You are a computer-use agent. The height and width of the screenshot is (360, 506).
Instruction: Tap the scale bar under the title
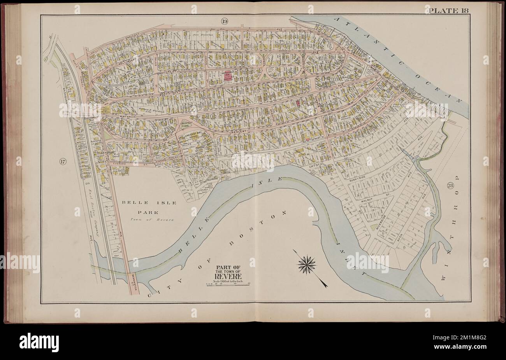point(227,285)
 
